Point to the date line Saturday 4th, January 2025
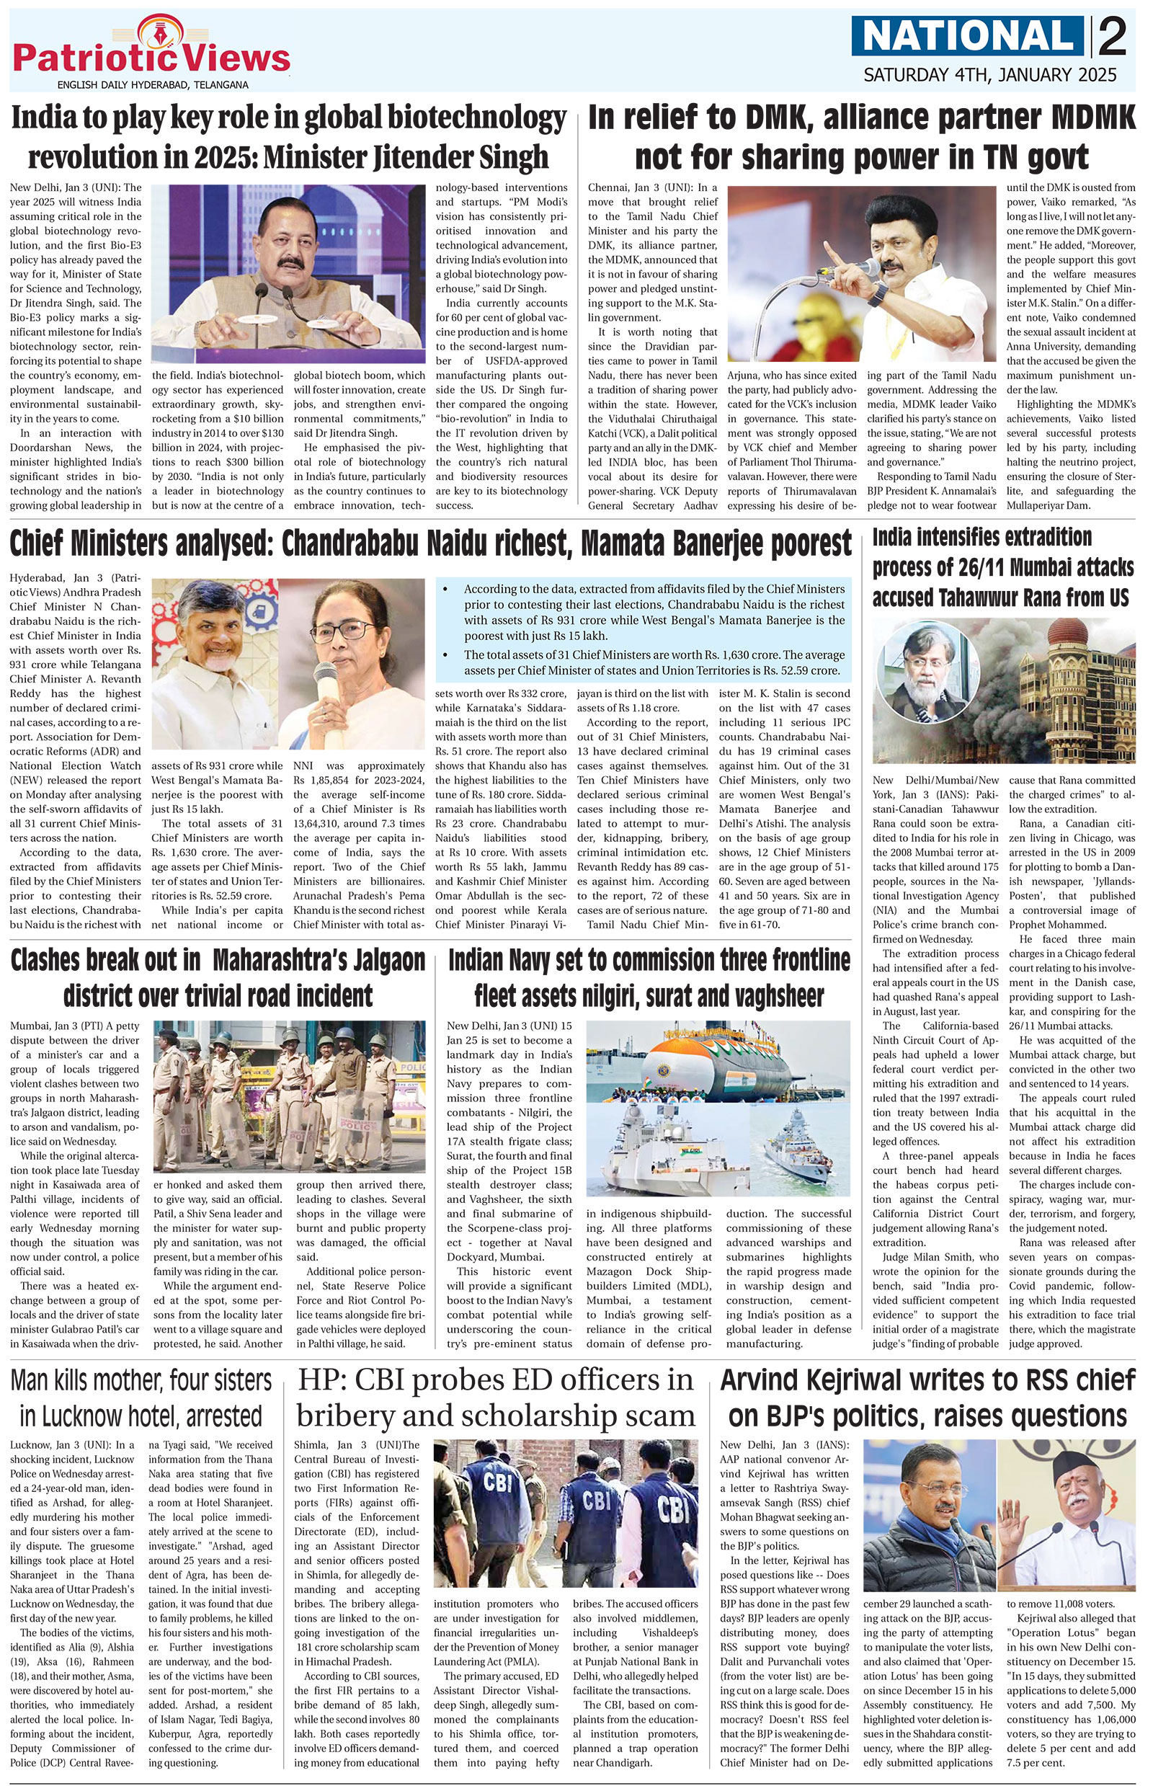(x=990, y=75)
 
